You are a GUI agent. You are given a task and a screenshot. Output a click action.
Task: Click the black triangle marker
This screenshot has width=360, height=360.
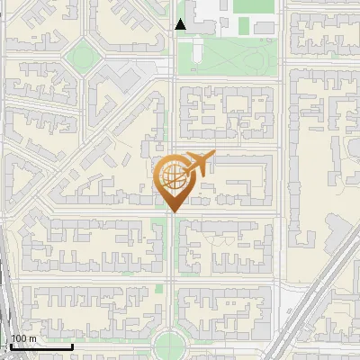click(181, 24)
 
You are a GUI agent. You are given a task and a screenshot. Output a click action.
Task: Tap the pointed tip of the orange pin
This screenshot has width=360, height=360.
click(172, 212)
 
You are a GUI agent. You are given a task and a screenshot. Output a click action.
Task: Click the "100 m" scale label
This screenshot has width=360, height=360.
click(24, 338)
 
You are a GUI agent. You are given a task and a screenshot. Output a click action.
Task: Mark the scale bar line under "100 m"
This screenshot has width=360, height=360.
click(41, 346)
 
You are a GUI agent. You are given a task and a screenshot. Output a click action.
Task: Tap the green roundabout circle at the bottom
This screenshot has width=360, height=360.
click(171, 345)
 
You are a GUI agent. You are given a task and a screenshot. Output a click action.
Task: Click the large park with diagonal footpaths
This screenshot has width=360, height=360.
click(229, 58)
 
